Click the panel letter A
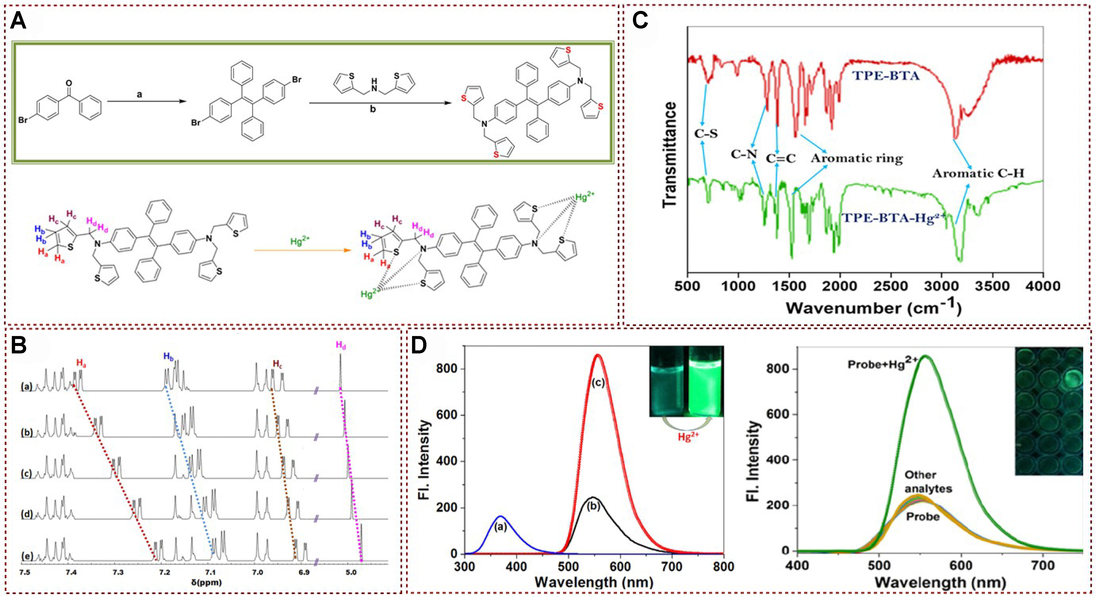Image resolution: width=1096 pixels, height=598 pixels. (18, 20)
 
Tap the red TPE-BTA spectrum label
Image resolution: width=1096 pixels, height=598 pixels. (885, 76)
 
